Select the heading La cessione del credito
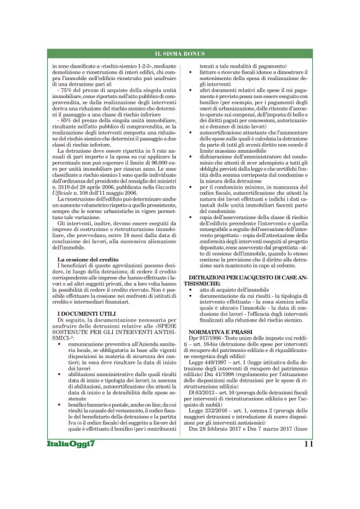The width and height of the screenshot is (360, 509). point(84,259)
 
